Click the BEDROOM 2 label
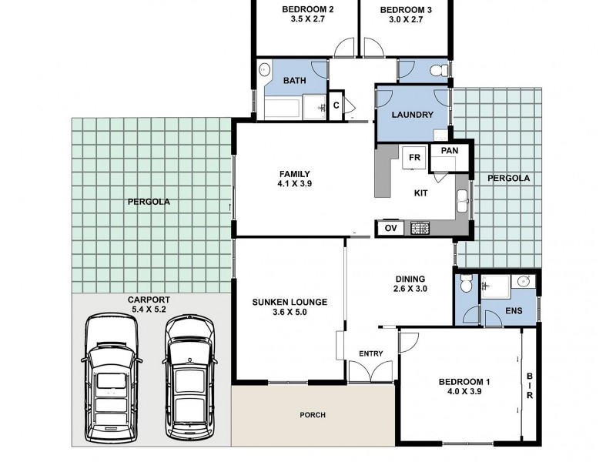pos(307,9)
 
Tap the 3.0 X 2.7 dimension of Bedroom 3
pos(406,19)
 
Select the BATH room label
pos(295,81)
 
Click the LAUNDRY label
pos(413,115)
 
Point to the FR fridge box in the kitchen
pos(414,157)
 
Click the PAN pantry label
pos(450,150)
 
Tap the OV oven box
pos(390,228)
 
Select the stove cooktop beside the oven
pos(420,228)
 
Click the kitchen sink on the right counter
pos(463,201)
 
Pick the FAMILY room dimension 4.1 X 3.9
pos(295,183)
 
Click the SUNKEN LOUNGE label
pos(290,302)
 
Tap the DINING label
pos(410,279)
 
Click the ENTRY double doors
pos(370,371)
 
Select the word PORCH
pos(313,415)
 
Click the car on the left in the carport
pos(112,378)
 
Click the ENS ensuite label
pos(514,311)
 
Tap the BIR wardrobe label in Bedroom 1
pos(530,386)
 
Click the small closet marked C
pos(336,105)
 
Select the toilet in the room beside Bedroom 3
pos(440,71)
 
